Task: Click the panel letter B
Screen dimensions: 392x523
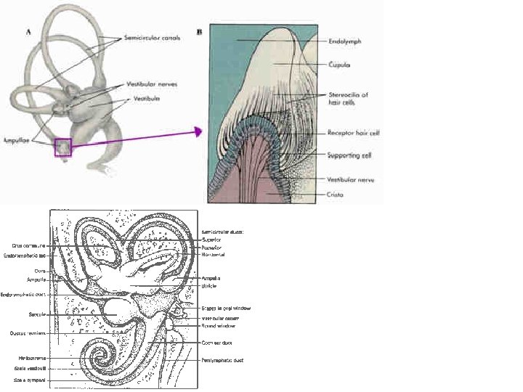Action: click(x=200, y=32)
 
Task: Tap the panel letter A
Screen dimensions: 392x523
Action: click(x=28, y=31)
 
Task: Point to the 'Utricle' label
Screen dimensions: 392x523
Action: click(x=208, y=286)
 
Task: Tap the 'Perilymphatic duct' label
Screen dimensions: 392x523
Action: click(x=222, y=360)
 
